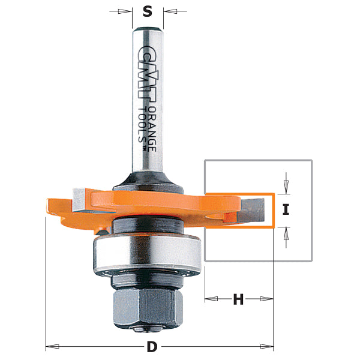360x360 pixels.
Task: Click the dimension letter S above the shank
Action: (x=148, y=11)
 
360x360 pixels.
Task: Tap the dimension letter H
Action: (x=238, y=299)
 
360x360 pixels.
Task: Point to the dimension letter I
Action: (x=286, y=210)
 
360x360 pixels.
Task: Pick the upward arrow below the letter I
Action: (x=286, y=235)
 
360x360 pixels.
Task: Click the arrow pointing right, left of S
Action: (x=127, y=11)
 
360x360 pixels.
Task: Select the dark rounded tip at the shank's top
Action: (x=148, y=28)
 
